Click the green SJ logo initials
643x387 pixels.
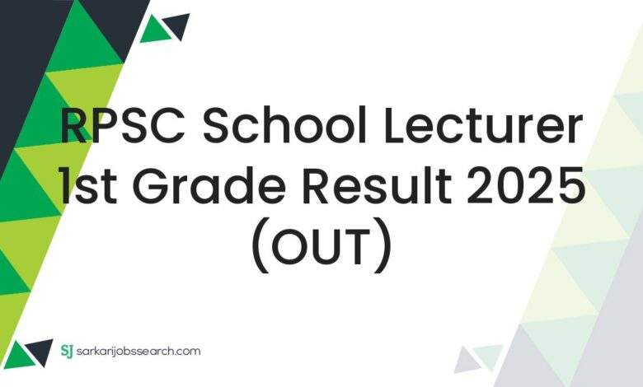point(68,352)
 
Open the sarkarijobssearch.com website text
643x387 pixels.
point(140,352)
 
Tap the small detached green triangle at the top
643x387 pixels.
point(153,30)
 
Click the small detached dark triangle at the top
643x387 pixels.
point(177,26)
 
